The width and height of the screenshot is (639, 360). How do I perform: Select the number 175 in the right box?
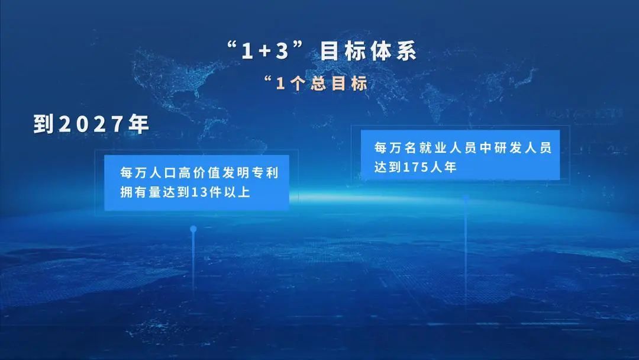[415, 167]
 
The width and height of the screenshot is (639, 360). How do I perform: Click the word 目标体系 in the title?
[369, 52]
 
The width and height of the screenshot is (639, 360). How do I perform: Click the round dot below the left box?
[193, 228]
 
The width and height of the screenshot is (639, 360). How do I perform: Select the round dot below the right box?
[466, 198]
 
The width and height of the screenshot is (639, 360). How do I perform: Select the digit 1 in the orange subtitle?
[281, 83]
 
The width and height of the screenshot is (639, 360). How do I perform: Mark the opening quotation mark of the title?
[233, 47]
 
